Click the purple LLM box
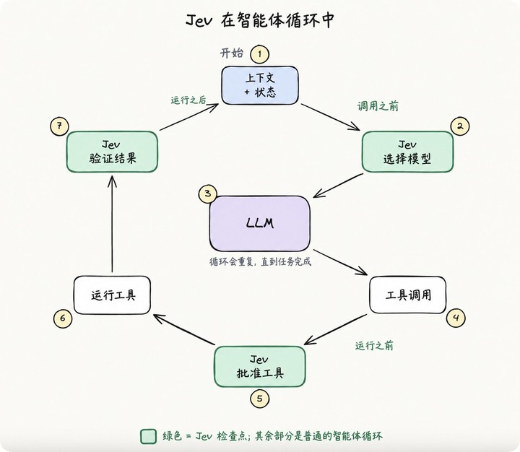260,224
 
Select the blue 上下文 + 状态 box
260,85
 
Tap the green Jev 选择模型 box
407,152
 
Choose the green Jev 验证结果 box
112,152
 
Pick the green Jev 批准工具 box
260,367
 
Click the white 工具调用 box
407,295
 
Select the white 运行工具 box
112,295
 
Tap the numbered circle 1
260,54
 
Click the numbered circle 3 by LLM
207,194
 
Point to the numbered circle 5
260,399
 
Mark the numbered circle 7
59,126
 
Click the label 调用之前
378,106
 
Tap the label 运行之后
188,100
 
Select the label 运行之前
374,346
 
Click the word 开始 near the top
232,53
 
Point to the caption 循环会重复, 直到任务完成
260,261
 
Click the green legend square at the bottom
148,436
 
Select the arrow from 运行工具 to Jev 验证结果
112,224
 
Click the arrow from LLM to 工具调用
340,262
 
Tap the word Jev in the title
199,20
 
